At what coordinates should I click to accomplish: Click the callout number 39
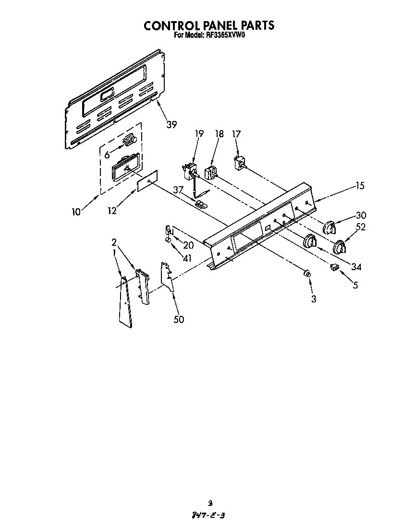coord(171,125)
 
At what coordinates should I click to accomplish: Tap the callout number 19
coord(199,134)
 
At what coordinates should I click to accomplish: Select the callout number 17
coord(236,134)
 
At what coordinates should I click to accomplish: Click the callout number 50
coord(179,319)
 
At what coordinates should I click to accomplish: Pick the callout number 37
coord(179,190)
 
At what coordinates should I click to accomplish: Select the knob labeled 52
coord(340,247)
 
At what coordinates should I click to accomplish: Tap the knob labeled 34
coord(311,241)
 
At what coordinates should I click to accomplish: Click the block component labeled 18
coord(210,172)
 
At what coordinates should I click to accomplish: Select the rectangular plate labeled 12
coord(147,182)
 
